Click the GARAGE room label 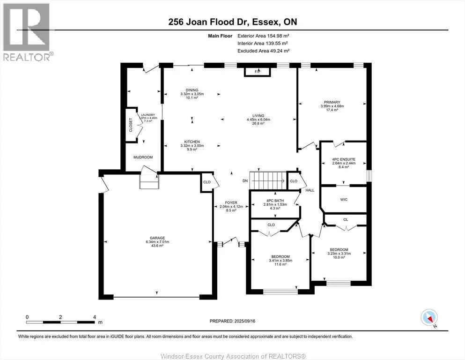(x=157, y=238)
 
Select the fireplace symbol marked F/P (x=257, y=72)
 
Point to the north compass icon (x=429, y=318)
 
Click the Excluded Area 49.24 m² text (x=263, y=51)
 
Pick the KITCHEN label (x=192, y=142)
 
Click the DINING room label (x=192, y=90)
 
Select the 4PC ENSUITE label (x=344, y=159)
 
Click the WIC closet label (x=344, y=200)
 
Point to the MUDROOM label (x=143, y=157)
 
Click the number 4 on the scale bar (x=95, y=317)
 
